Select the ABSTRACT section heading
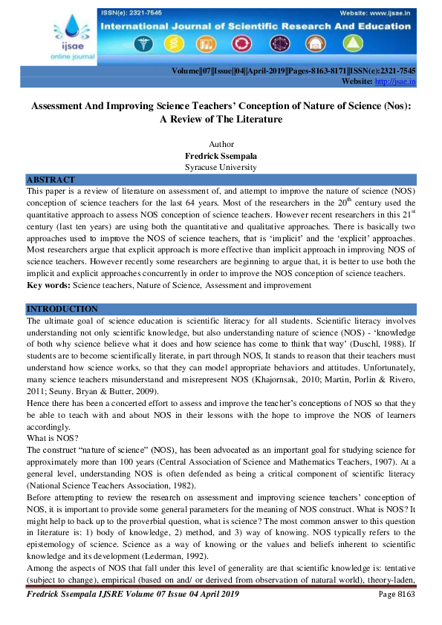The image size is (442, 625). [51, 180]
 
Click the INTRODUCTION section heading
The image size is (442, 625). [62, 309]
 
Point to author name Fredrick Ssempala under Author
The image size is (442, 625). [221, 156]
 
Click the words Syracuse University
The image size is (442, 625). [221, 167]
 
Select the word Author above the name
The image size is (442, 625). [221, 144]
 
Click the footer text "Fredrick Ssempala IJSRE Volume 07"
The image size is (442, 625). [104, 595]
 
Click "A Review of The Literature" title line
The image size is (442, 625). [221, 119]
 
